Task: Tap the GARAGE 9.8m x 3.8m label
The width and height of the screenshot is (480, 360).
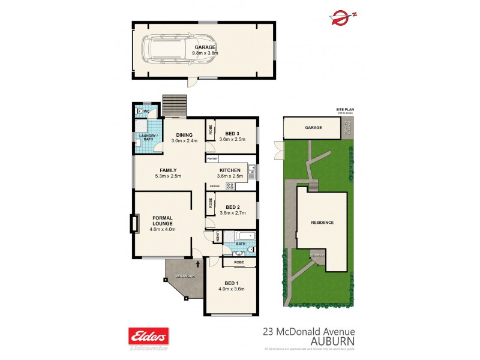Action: point(204,50)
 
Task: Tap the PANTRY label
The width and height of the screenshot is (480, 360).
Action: point(212,159)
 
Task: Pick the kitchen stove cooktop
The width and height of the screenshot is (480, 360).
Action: point(230,186)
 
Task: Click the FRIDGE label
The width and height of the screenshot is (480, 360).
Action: point(214,187)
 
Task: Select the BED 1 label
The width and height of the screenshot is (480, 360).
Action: point(231,291)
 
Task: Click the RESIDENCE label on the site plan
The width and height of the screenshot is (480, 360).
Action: point(322,223)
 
